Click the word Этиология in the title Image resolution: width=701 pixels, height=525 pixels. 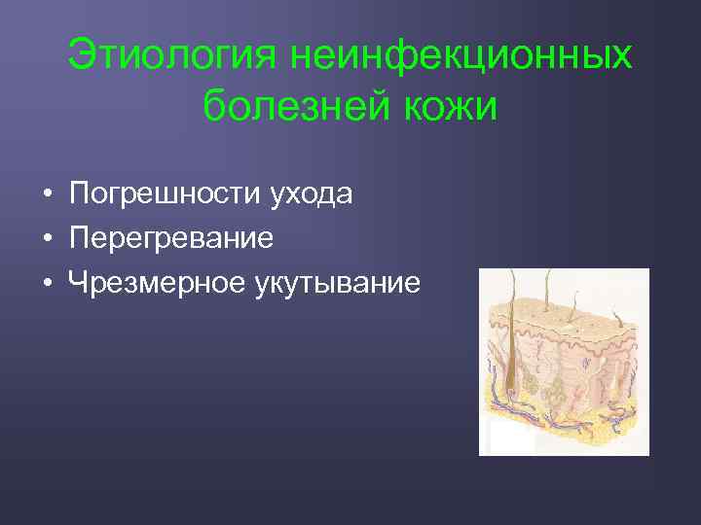coord(170,55)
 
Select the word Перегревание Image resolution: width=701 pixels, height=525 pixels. coord(171,238)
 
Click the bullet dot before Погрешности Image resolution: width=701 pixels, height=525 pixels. coord(47,195)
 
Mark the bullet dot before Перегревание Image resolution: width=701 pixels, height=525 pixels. coord(47,239)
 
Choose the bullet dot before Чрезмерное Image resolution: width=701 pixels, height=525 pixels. coord(47,284)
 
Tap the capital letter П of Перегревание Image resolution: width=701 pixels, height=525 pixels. coord(79,238)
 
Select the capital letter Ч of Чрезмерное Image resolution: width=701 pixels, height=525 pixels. coord(78,283)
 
